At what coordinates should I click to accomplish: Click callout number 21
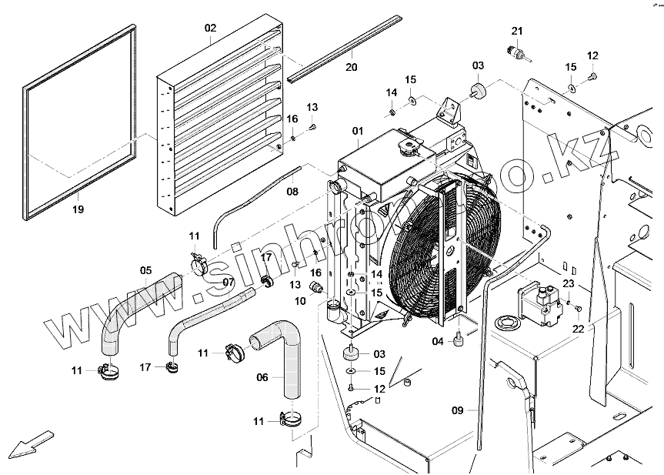517,30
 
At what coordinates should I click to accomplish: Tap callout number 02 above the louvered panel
210,28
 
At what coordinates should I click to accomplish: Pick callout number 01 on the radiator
358,132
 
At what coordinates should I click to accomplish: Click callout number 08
293,190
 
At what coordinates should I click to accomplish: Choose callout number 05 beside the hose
145,270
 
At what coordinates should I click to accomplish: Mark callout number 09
458,410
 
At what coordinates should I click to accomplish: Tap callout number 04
437,341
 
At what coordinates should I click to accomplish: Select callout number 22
578,329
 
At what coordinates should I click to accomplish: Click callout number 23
568,284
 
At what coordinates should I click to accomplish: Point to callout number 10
299,301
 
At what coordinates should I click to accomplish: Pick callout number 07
228,282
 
